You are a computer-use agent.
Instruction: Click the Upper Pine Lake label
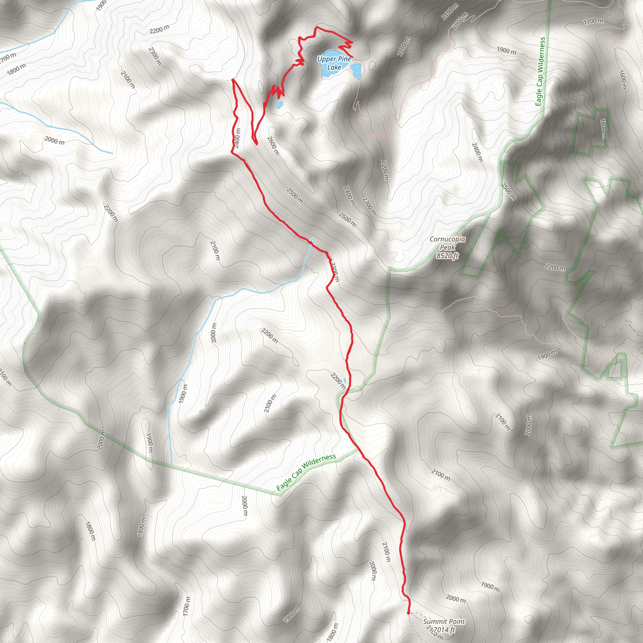[334, 63]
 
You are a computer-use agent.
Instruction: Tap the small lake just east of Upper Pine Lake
[356, 71]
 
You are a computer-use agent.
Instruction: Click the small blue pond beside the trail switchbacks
[279, 105]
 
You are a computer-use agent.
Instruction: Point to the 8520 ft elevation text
[447, 256]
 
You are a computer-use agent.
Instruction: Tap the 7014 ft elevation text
[444, 630]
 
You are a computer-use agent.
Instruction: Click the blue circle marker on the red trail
[313, 241]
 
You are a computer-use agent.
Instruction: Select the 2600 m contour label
[273, 146]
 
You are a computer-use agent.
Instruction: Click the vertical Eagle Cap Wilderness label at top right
[540, 71]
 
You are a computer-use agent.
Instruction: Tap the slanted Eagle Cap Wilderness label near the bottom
[306, 472]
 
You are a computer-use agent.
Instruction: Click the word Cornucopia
[447, 239]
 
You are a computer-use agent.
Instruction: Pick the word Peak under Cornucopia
[447, 247]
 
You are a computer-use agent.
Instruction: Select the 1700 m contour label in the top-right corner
[593, 21]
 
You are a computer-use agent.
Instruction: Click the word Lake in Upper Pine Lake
[334, 67]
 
